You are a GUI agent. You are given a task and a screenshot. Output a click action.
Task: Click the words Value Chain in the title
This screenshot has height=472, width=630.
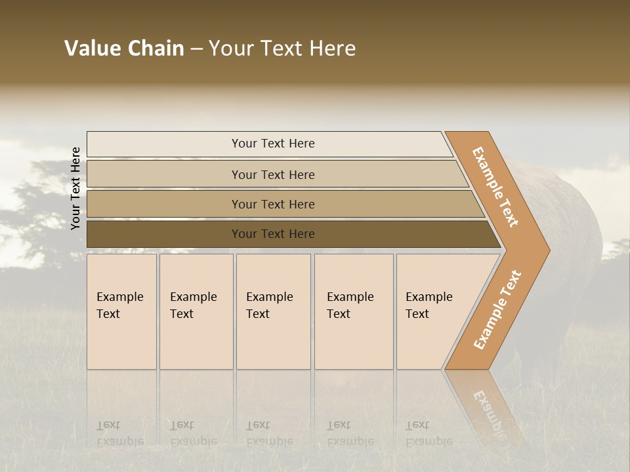click(x=124, y=49)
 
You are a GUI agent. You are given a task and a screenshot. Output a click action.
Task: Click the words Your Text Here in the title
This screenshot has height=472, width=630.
click(x=282, y=49)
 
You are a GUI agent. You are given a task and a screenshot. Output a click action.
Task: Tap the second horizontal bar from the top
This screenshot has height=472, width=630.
click(x=273, y=174)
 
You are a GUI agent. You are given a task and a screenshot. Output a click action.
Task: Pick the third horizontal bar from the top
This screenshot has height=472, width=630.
click(x=273, y=204)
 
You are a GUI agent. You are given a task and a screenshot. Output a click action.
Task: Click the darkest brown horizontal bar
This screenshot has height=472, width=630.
click(x=273, y=234)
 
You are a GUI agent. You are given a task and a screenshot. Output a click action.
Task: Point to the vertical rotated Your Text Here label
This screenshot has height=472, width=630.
click(x=75, y=188)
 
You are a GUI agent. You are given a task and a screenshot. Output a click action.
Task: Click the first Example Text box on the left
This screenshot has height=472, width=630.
click(x=121, y=311)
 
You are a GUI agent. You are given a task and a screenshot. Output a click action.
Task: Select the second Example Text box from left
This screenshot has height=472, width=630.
click(x=196, y=311)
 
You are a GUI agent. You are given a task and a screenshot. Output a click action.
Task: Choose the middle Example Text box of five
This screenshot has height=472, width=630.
click(x=273, y=311)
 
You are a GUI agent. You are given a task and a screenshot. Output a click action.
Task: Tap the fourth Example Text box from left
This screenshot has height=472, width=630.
click(x=353, y=311)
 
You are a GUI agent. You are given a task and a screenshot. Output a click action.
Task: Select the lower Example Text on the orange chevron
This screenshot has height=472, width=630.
click(x=497, y=309)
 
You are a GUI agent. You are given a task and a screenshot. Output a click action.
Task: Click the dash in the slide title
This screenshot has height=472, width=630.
click(x=196, y=49)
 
